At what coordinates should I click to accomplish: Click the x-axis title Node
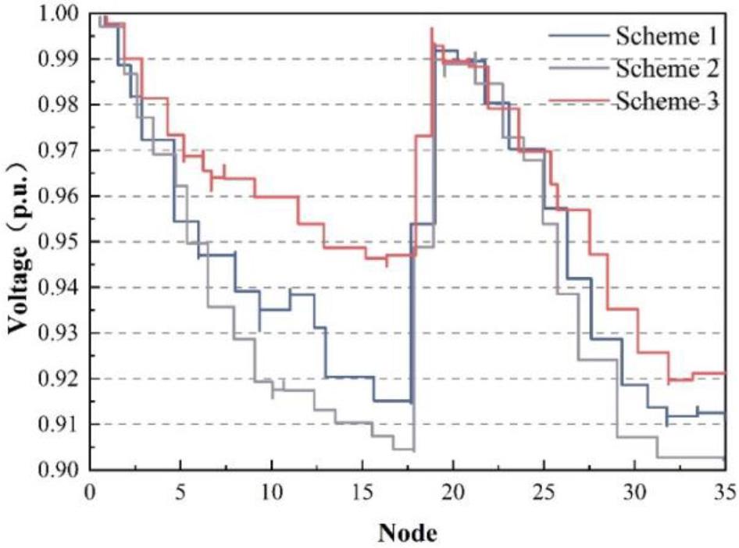[408, 532]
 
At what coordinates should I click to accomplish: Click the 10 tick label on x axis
[271, 493]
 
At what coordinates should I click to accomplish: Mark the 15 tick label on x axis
[362, 493]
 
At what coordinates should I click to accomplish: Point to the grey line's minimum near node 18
[413, 450]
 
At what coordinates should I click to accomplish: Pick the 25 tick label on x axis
[544, 493]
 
